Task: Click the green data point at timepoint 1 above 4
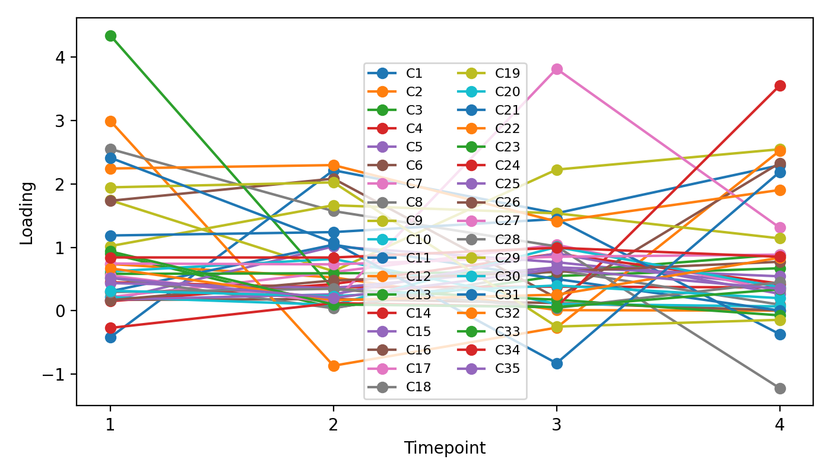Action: [110, 36]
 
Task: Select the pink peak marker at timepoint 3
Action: [556, 69]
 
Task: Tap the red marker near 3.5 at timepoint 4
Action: [779, 85]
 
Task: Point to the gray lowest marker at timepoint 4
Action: [779, 388]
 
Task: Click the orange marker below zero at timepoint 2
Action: [334, 366]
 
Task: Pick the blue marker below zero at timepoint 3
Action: [556, 363]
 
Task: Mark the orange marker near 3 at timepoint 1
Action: [110, 121]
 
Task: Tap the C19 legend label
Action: [507, 74]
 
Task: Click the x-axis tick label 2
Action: [334, 425]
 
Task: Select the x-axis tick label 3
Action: [556, 425]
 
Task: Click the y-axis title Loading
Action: [27, 212]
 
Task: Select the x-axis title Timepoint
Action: [445, 448]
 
